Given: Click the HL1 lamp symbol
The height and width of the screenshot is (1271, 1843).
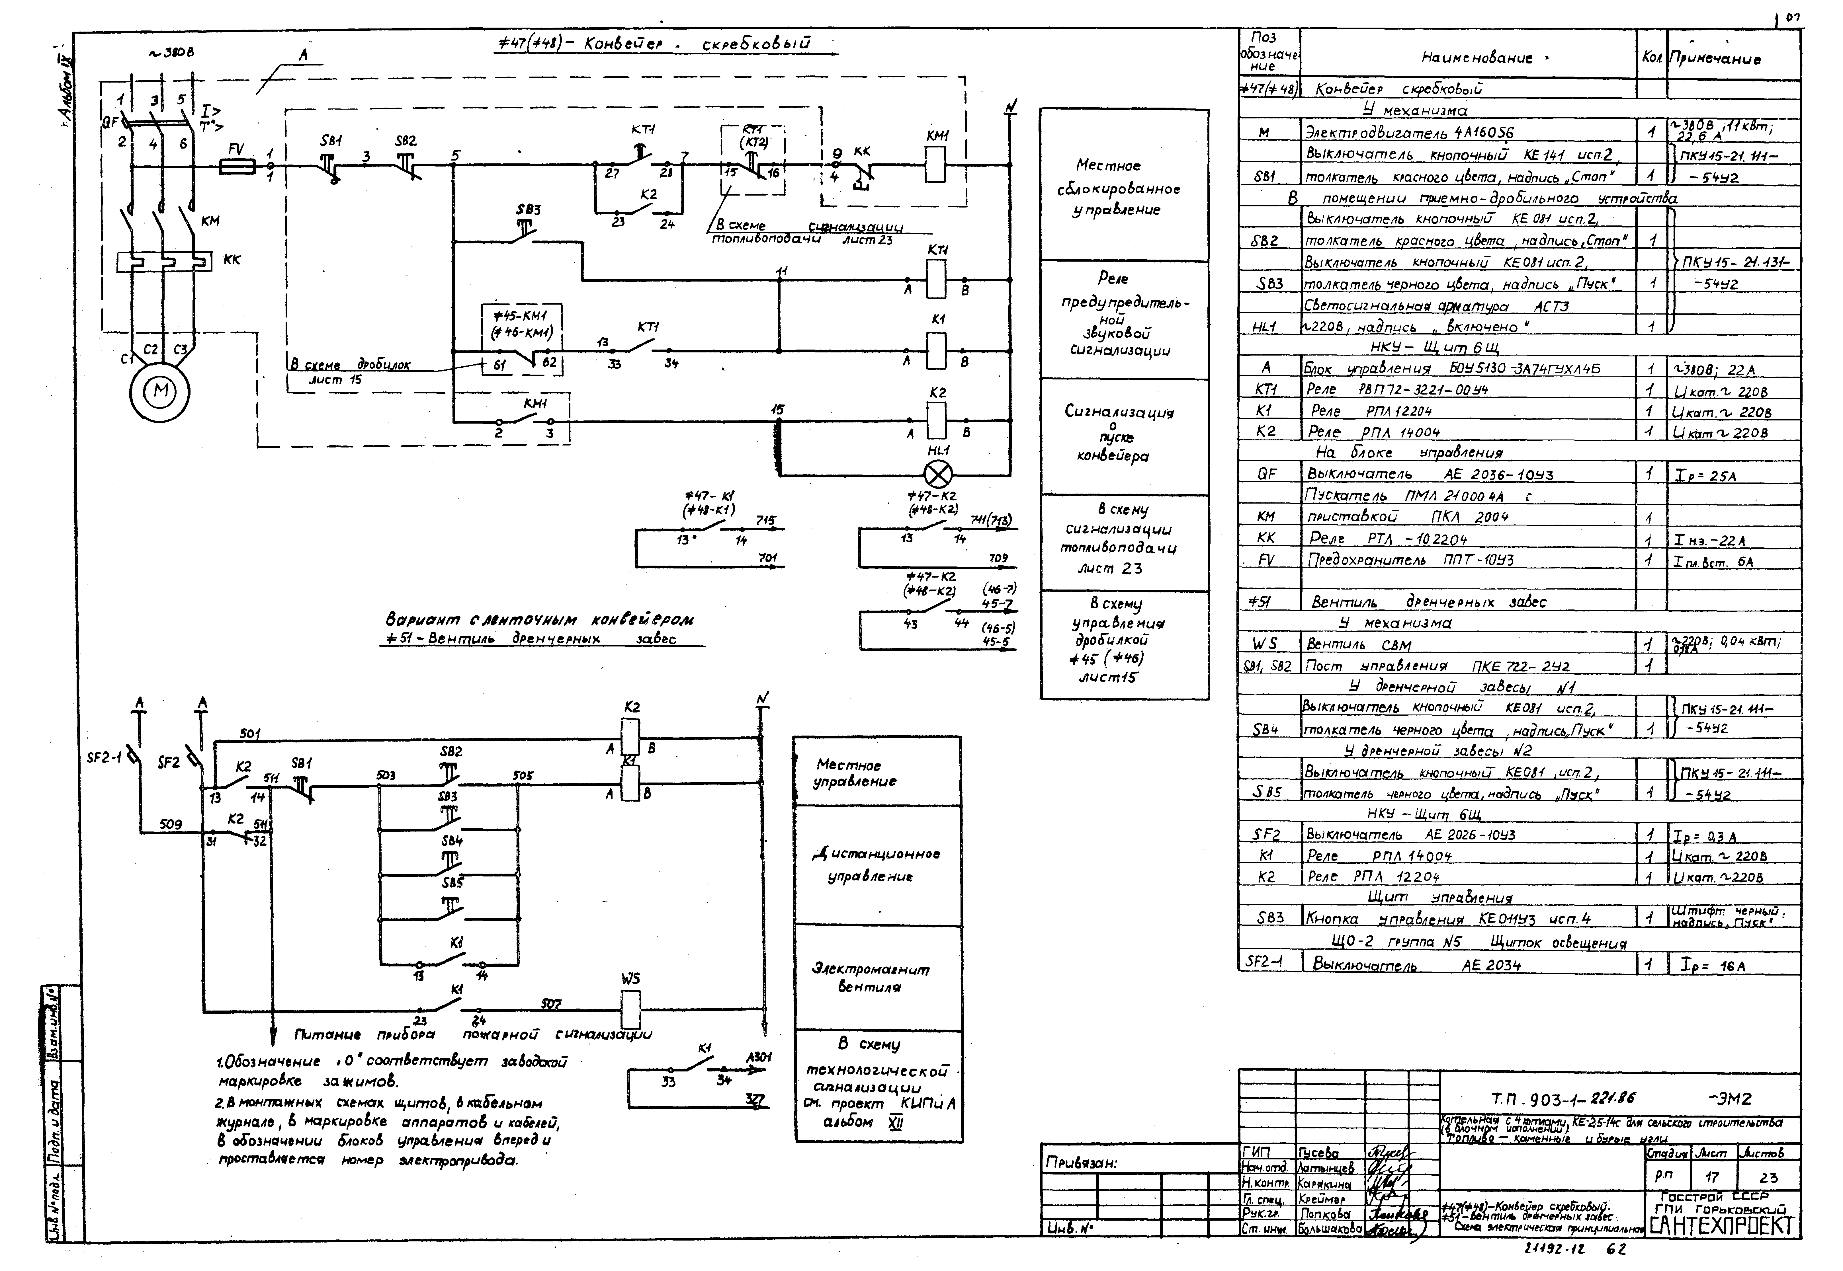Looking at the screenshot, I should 937,475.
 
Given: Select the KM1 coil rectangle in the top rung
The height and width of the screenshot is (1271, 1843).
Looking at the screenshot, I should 937,165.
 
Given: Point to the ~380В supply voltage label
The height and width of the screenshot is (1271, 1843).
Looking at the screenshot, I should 171,53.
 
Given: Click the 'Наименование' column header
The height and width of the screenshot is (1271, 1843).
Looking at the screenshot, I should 1465,57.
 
